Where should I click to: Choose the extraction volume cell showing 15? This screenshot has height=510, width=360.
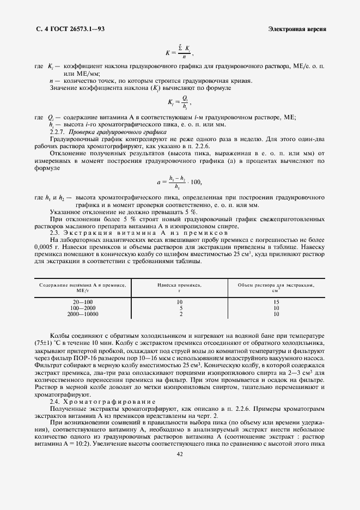(x=276, y=302)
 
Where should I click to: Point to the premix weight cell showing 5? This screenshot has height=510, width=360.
(x=180, y=308)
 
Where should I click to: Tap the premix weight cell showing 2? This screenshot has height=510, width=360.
(x=180, y=314)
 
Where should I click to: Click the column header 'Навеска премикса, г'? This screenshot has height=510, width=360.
(x=180, y=287)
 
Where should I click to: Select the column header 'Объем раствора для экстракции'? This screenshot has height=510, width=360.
(x=276, y=285)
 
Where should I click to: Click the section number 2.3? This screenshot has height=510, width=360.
(x=55, y=232)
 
